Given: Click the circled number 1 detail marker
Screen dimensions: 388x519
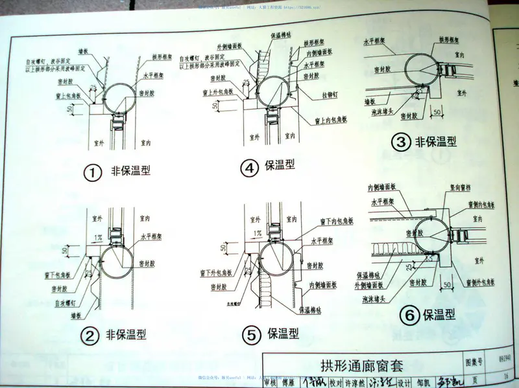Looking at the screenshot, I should click(93, 173).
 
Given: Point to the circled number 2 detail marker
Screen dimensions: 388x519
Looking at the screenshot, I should click(90, 335).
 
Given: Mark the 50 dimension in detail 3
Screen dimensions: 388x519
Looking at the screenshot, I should click(437, 113).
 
